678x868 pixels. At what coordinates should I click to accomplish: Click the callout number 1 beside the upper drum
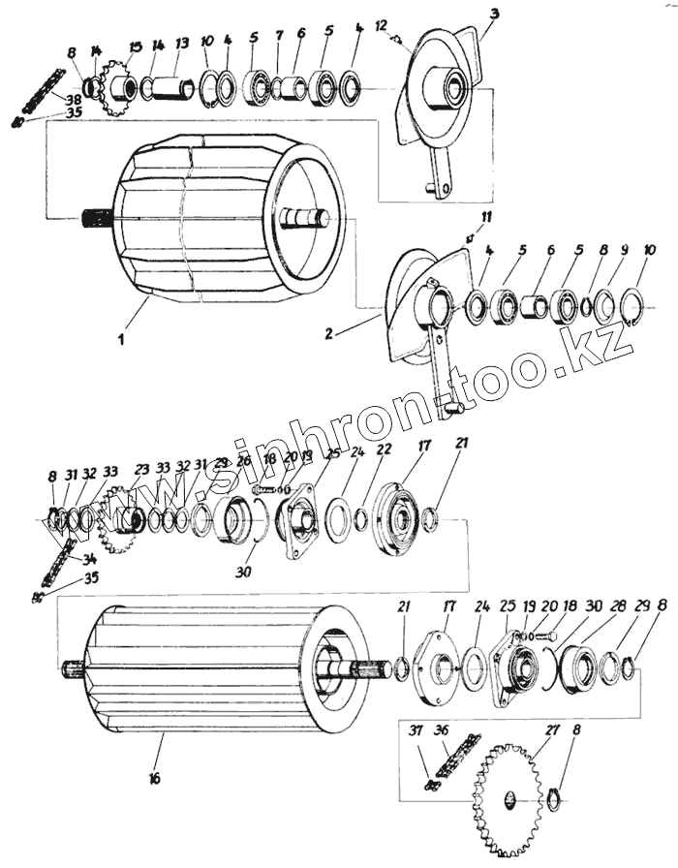click(120, 340)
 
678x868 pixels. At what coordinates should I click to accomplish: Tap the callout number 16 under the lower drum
click(156, 778)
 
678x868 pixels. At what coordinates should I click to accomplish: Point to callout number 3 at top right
click(495, 15)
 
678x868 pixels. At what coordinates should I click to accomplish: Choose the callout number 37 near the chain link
click(416, 730)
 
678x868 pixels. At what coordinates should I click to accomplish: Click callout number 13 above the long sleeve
click(182, 45)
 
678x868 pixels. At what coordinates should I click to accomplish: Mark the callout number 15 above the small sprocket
click(135, 46)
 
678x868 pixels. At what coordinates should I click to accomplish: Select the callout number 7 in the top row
click(277, 36)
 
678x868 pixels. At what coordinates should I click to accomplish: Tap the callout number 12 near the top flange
click(381, 24)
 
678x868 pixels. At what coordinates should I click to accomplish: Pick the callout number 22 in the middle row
click(384, 449)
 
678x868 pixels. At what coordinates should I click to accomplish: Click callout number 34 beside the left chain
click(90, 558)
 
